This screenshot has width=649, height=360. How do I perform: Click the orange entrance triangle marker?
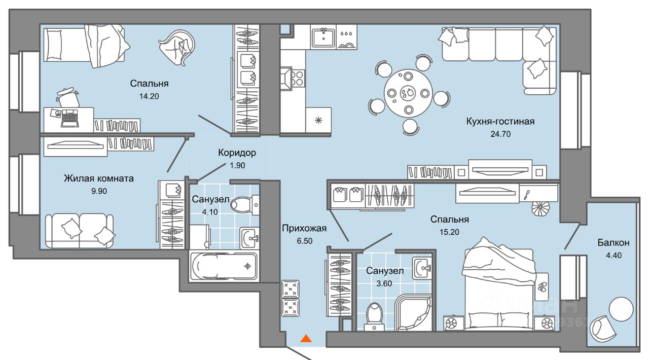(306, 338)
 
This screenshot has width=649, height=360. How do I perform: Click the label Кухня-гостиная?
(500, 122)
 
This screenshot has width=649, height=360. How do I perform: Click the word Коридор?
(237, 153)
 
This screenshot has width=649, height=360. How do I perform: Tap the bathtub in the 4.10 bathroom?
(223, 266)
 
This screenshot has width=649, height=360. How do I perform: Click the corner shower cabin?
(413, 313)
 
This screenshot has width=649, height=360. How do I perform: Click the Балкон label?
(613, 243)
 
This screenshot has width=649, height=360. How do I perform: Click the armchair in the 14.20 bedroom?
(177, 47)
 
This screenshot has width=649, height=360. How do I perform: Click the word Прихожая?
(304, 229)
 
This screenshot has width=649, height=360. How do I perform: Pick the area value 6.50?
(304, 241)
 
